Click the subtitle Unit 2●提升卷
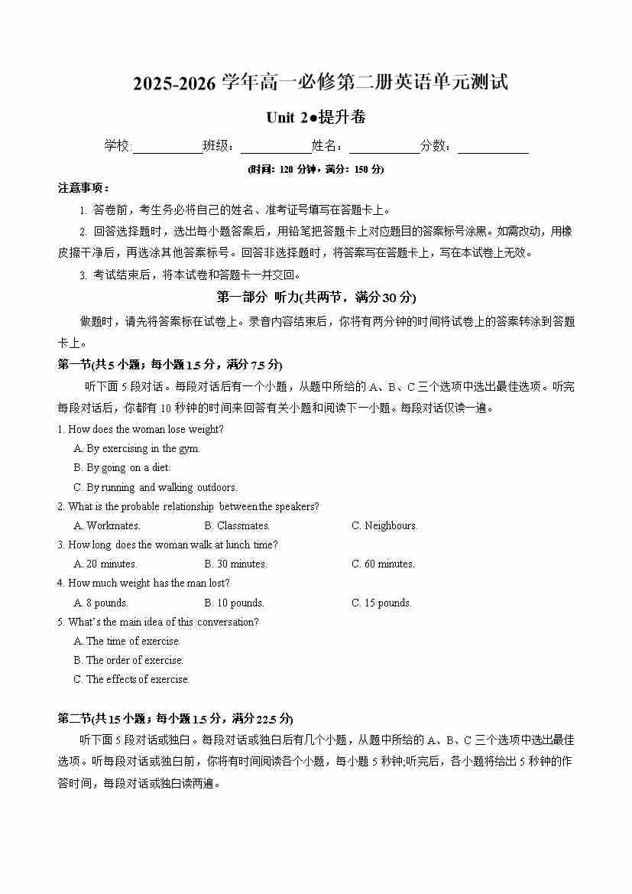pos(316,117)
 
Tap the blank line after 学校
pos(167,148)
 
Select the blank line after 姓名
pos(384,148)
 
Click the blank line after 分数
pos(493,148)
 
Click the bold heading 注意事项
pos(84,188)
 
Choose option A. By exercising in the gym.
pos(136,449)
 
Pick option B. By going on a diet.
pos(122,468)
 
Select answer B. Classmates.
pos(237,526)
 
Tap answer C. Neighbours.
pos(384,526)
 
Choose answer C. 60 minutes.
pos(383,564)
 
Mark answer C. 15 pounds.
pos(381,603)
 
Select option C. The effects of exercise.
pos(131,680)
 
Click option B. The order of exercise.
pos(128,661)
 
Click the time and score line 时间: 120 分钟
pos(316,169)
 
